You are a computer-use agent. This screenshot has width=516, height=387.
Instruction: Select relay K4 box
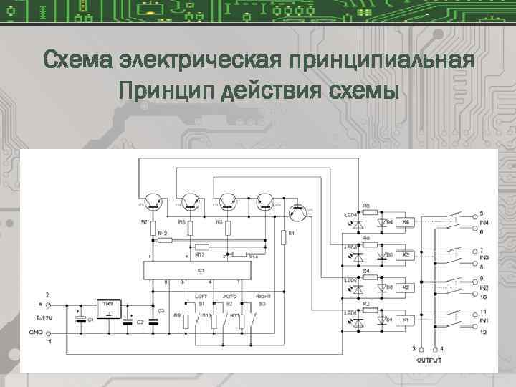point(406,222)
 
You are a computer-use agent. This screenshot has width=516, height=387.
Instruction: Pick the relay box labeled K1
point(406,319)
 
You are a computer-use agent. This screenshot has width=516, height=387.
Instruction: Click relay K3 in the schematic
point(406,254)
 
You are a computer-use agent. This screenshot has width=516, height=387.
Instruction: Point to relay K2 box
point(406,287)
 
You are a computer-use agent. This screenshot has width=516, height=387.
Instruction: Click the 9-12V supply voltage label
point(37,315)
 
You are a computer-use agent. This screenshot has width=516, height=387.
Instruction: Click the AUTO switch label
point(230,296)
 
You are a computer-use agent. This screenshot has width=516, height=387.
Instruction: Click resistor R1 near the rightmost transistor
point(285,234)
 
